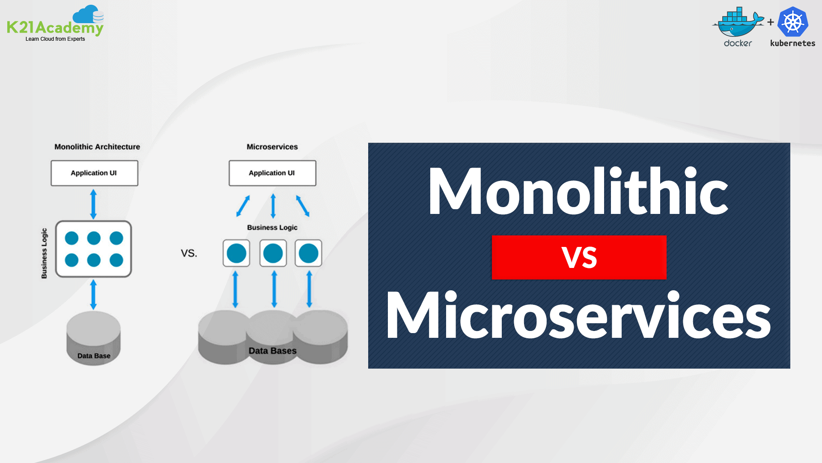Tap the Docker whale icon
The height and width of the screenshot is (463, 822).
(x=737, y=23)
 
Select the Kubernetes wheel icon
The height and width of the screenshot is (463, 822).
(x=792, y=22)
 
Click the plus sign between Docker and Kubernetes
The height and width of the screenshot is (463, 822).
(x=771, y=22)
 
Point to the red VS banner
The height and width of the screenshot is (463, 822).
(x=579, y=257)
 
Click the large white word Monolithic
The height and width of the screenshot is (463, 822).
(x=578, y=191)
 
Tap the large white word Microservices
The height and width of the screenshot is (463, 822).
(x=578, y=315)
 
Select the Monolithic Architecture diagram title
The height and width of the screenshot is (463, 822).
(x=97, y=147)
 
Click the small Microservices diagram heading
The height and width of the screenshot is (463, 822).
(x=272, y=147)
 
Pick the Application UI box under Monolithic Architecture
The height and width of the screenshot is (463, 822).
(x=94, y=173)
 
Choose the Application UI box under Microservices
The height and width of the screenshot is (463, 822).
(x=272, y=173)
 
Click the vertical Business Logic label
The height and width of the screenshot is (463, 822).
(x=44, y=253)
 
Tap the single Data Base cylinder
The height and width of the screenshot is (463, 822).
(x=93, y=338)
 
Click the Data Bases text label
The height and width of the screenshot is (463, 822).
(x=273, y=351)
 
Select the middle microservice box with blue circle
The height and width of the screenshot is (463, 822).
(x=273, y=253)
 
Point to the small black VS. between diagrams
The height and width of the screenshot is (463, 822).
(x=189, y=253)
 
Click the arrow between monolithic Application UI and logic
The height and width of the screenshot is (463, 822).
(x=93, y=204)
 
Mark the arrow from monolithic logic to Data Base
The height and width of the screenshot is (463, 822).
(x=93, y=295)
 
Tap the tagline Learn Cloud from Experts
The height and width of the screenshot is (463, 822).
(x=55, y=39)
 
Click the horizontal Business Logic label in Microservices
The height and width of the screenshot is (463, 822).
(x=272, y=228)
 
